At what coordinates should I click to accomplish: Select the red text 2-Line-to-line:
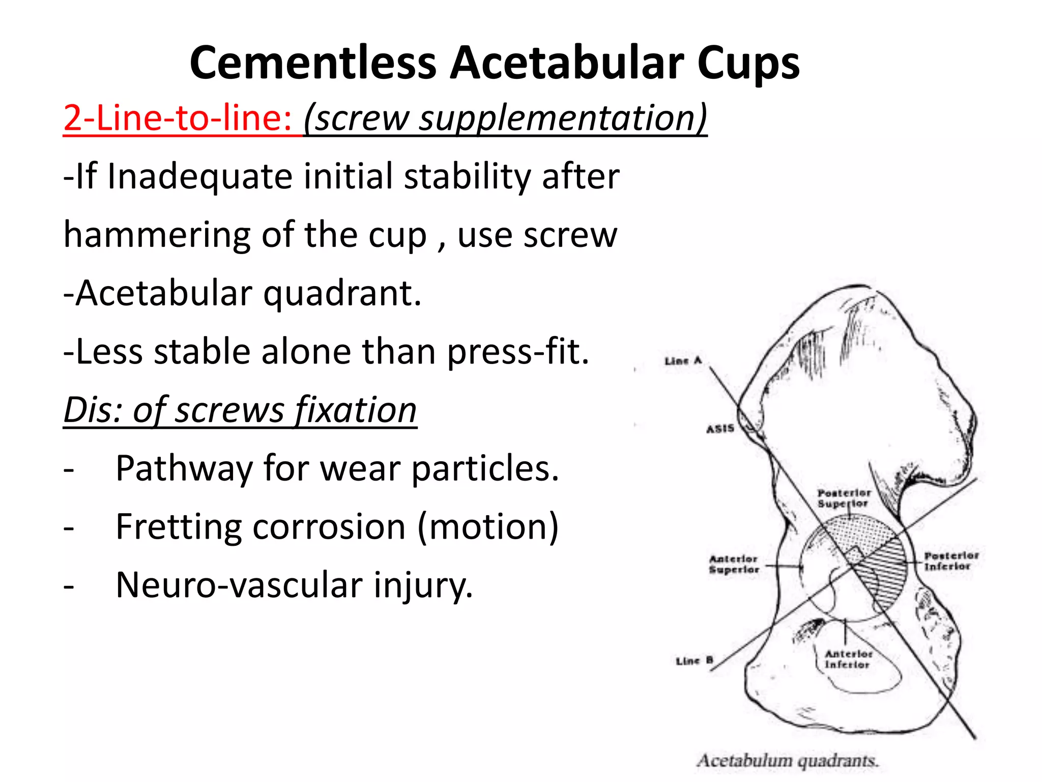tap(177, 118)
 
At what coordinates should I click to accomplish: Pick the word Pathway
tap(184, 468)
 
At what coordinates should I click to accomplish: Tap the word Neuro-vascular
tap(239, 585)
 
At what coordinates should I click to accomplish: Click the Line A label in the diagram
tap(683, 361)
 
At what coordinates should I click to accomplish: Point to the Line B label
tap(694, 661)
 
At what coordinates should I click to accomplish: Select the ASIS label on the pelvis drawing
tap(720, 429)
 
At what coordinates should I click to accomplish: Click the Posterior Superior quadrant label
tap(844, 498)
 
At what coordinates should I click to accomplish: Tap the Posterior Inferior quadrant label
tap(950, 561)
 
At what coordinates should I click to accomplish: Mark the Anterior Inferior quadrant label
tap(848, 659)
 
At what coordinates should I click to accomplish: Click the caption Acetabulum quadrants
tap(788, 761)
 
